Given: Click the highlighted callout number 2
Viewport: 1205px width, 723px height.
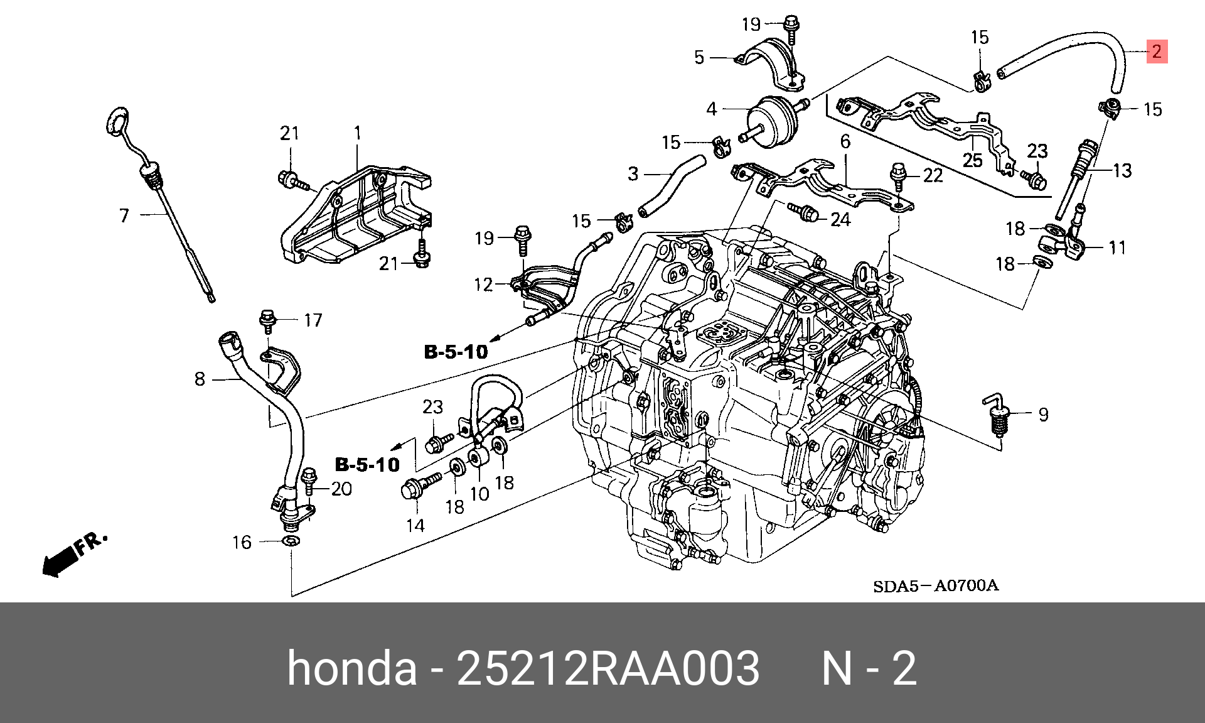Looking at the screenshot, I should [x=1157, y=52].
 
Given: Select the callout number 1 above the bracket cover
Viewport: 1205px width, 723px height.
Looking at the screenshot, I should [x=357, y=133].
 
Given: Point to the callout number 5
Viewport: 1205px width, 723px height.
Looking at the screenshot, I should [x=699, y=58].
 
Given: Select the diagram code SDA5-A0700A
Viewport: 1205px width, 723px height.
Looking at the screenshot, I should [x=935, y=586].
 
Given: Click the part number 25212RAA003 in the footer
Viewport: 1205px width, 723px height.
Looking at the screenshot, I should [x=608, y=668].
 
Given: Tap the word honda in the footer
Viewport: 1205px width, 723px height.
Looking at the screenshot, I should [x=351, y=668].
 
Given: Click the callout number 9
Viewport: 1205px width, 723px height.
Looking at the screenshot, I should [x=1043, y=415].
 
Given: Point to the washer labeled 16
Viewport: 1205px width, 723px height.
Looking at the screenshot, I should [x=291, y=541].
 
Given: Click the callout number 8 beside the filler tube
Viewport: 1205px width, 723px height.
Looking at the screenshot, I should [x=200, y=379].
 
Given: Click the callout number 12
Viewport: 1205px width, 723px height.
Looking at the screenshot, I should [x=483, y=285].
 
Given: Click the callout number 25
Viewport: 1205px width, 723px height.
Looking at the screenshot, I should [x=972, y=160].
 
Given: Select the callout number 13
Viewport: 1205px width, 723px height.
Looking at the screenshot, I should [x=1122, y=171].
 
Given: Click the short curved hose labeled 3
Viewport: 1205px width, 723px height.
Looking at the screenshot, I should [x=672, y=186].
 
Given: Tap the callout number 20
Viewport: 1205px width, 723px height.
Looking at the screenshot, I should [x=341, y=489].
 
